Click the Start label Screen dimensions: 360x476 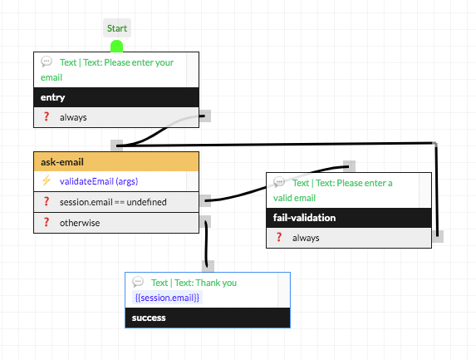pos(116,28)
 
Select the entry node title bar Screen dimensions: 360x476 pos(116,97)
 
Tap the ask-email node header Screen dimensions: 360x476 pos(116,161)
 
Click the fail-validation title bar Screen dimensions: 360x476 pos(348,218)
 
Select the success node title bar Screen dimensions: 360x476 pos(207,318)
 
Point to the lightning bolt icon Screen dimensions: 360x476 pos(47,181)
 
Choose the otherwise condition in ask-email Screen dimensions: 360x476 pos(79,222)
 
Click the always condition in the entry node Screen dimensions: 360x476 pos(73,117)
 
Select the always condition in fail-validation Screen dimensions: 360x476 pos(305,238)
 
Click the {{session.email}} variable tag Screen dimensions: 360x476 pos(167,298)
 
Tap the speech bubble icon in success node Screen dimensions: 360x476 pos(138,283)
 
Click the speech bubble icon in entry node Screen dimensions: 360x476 pos(47,62)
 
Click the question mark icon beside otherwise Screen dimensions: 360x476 pos(47,222)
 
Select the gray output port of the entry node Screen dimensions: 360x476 pos(205,116)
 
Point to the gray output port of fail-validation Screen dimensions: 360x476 pos(437,237)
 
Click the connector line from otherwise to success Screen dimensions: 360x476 pos(204,245)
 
